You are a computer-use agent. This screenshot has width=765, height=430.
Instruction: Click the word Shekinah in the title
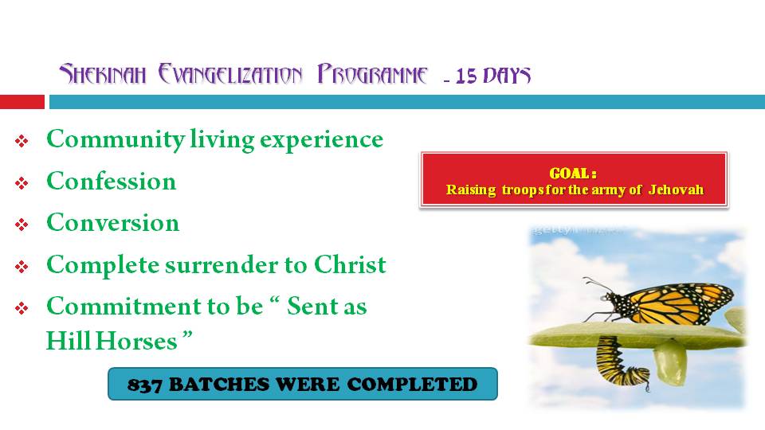[103, 74]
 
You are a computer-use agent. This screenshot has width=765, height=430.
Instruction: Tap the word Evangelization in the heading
[230, 74]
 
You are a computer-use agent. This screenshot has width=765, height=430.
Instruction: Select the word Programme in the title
[372, 74]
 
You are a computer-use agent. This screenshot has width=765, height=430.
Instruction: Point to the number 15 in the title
[466, 76]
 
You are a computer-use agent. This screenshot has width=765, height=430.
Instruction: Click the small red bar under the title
[22, 102]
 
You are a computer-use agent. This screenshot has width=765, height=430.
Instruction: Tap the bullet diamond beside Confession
[22, 183]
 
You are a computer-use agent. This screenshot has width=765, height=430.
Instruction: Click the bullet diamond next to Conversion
[22, 225]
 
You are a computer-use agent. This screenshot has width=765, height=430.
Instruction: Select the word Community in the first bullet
[116, 140]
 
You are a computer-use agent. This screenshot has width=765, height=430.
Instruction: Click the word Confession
[112, 182]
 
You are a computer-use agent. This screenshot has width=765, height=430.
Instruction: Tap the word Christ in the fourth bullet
[350, 264]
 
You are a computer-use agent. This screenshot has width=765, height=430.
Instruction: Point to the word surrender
[222, 265]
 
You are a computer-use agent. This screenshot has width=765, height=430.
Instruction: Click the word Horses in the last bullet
[136, 341]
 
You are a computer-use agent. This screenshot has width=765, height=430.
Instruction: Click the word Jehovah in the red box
[676, 190]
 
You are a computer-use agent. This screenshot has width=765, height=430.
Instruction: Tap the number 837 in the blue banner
[145, 385]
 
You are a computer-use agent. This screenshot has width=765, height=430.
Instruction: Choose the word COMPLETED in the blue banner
[412, 384]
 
